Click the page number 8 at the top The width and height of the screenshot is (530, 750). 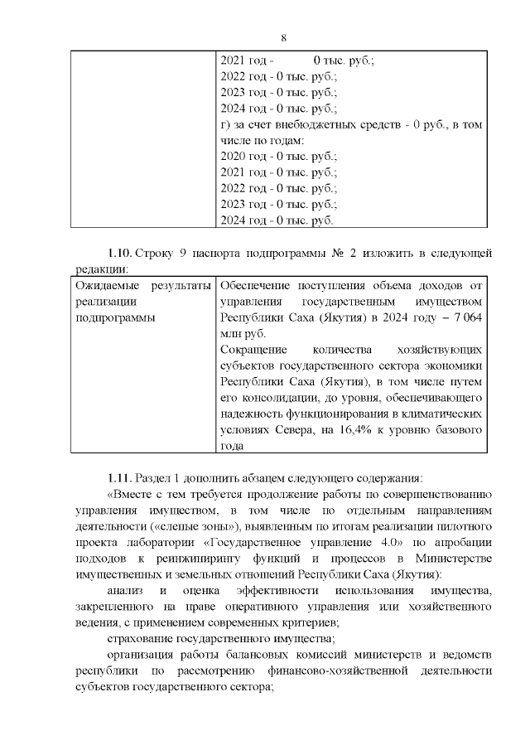[283, 38]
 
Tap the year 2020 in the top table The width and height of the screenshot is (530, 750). [235, 156]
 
